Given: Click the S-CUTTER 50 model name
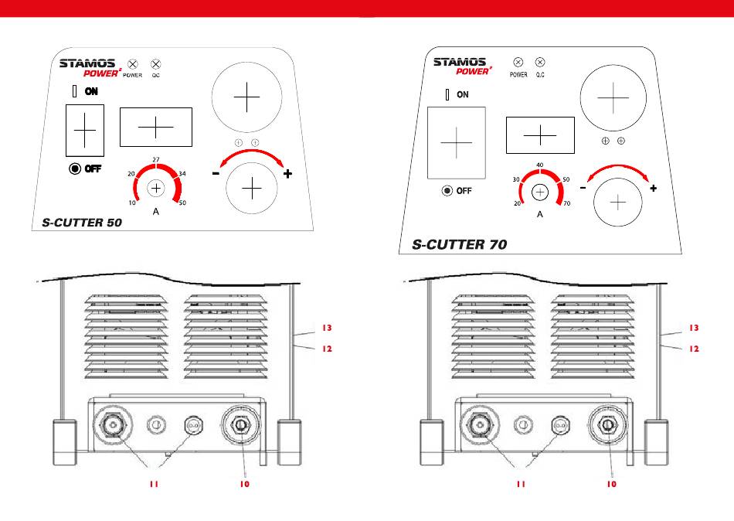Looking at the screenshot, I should tap(82, 223).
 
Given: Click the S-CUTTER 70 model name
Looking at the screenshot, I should tap(460, 244).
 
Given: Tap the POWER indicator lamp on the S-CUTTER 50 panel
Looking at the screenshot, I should tap(133, 63).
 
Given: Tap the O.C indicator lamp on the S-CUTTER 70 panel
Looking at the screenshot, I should tap(540, 61).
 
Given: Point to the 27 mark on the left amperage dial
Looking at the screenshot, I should tap(156, 159).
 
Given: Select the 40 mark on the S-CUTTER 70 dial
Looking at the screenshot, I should tap(539, 165).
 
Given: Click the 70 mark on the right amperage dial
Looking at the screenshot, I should tap(568, 203).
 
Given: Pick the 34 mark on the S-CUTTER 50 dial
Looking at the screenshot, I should tap(182, 174).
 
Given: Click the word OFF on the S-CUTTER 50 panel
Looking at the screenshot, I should tap(93, 169).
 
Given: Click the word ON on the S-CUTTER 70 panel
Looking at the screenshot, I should tap(462, 95).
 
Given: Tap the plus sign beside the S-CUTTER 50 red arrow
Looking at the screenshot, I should tap(287, 174).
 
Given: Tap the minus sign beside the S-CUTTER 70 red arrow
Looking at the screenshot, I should tap(583, 187).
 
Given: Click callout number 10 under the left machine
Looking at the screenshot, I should tap(244, 484).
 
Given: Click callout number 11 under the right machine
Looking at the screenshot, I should tap(522, 484).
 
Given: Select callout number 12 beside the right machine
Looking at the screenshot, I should tap(693, 349).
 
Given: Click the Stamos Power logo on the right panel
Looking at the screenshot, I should tap(461, 66).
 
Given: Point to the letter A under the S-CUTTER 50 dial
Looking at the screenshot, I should tap(155, 212).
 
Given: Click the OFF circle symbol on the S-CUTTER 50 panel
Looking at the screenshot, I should tap(75, 169).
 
